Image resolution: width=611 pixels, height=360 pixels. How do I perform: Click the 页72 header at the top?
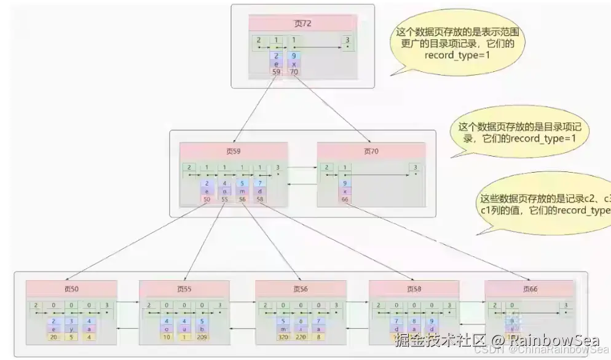click(x=302, y=23)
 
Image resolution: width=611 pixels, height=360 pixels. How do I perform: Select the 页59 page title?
click(x=234, y=151)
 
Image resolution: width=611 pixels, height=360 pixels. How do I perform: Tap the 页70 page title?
click(x=371, y=151)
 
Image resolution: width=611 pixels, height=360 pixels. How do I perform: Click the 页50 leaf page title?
click(x=71, y=289)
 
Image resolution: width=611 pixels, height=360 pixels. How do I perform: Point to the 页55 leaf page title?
click(x=184, y=289)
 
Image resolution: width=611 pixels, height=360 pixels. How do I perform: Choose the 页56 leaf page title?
click(x=301, y=289)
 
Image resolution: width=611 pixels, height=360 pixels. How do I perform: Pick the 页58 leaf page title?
click(x=414, y=289)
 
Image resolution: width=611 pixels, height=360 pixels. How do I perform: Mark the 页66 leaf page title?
click(x=530, y=289)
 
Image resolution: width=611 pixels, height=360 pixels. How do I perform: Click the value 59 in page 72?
click(x=277, y=72)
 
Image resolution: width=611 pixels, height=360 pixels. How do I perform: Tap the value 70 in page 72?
click(x=294, y=72)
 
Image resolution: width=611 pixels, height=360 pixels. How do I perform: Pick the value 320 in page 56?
click(x=284, y=337)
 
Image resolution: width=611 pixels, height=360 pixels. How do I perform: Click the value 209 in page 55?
click(x=202, y=337)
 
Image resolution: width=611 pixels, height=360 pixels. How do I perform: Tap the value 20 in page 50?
click(x=53, y=337)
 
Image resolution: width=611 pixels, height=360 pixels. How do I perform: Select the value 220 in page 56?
click(x=301, y=337)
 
